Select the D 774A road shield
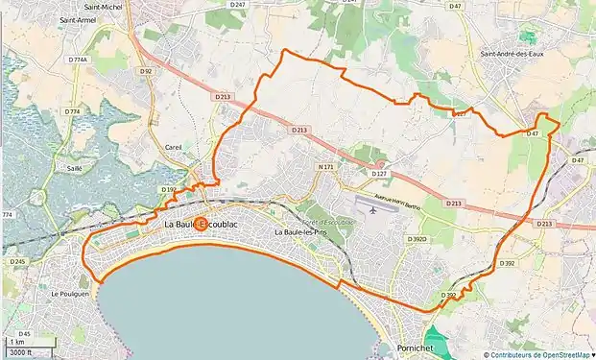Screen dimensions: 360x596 tap(78, 60)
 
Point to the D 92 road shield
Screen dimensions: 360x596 tap(146, 71)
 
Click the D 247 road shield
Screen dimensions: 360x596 tap(238, 5)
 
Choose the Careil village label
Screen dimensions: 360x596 tap(174, 147)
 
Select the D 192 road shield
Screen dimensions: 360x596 tap(170, 190)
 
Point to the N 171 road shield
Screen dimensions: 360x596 tap(325, 167)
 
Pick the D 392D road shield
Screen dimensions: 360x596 tap(416, 238)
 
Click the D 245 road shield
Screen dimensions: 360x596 tap(17, 261)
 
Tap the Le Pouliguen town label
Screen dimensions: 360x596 tap(69, 294)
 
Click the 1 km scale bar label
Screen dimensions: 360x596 tap(17, 342)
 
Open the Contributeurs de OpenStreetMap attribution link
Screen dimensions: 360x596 tap(543, 354)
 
